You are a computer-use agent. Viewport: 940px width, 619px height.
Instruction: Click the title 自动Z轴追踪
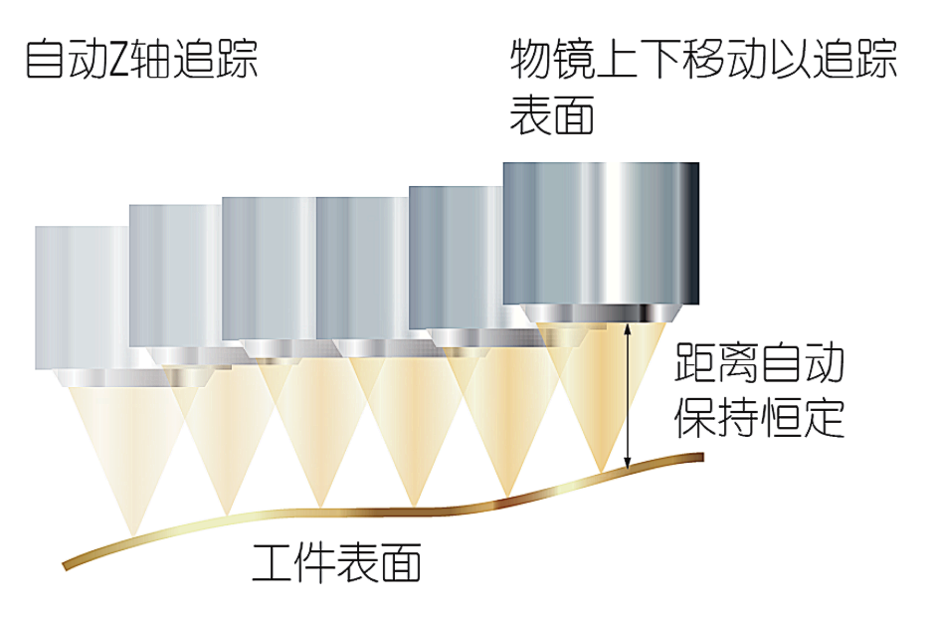click(x=141, y=61)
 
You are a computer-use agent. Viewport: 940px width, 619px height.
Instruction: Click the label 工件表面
click(x=338, y=564)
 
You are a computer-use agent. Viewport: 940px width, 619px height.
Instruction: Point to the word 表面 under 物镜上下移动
click(x=552, y=115)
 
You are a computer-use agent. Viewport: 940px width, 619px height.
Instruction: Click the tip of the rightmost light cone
click(x=601, y=470)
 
